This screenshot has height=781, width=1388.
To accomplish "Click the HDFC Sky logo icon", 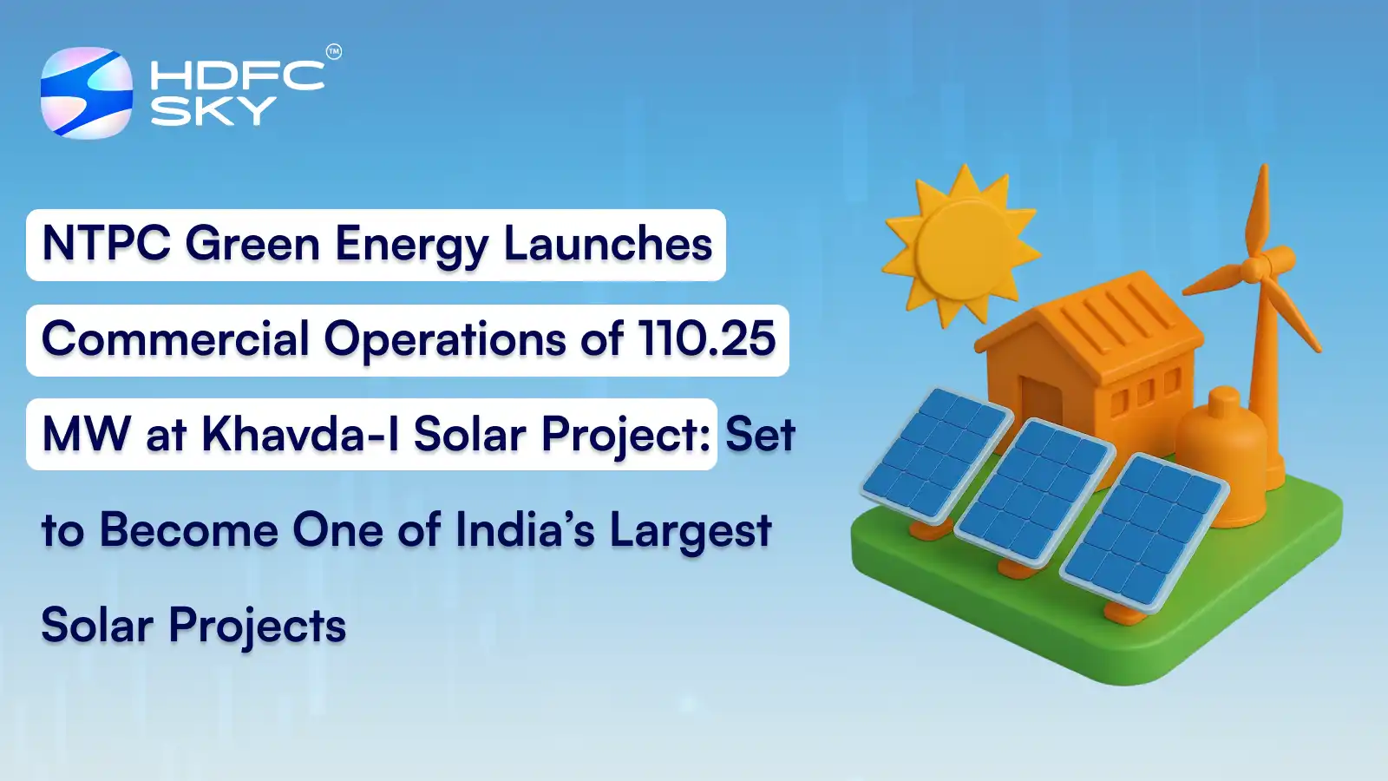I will [x=87, y=93].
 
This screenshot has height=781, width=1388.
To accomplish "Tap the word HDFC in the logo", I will [x=237, y=75].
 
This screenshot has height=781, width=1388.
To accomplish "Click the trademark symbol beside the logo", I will [x=334, y=52].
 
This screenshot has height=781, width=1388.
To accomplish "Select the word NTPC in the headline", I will [x=106, y=244].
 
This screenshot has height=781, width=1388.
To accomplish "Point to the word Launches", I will [x=608, y=244].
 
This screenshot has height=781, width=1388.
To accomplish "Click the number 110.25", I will [x=706, y=338].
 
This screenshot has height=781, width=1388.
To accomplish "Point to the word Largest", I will [x=691, y=531].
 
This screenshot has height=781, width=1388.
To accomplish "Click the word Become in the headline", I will [x=188, y=529].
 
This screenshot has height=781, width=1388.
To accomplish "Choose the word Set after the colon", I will [x=760, y=434].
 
